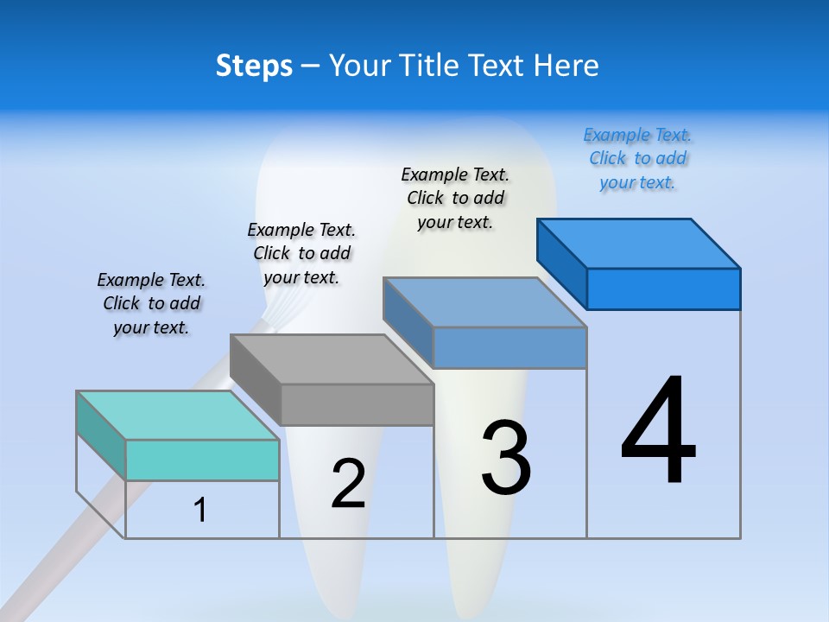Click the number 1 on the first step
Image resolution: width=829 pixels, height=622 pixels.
200,510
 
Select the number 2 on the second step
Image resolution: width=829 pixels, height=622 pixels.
348,484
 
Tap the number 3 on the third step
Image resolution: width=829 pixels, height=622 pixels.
506,458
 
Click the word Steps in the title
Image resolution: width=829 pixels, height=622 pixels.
254,66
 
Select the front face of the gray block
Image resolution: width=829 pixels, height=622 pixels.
358,404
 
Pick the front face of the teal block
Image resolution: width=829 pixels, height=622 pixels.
202,460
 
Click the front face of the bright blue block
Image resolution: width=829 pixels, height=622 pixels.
663,289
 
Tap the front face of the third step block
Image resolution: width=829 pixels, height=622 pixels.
509,347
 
